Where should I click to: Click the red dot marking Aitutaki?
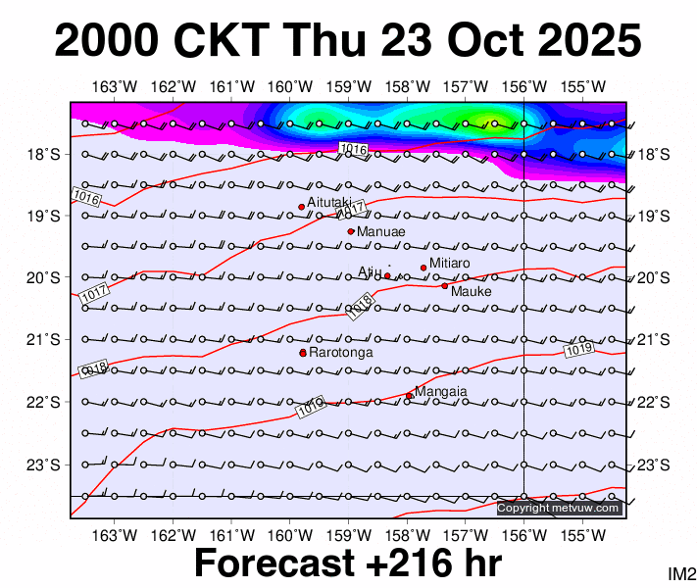click(x=301, y=207)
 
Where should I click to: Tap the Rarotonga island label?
click(x=338, y=352)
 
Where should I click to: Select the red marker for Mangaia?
click(x=409, y=396)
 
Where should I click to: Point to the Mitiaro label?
click(x=449, y=264)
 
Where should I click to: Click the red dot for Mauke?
click(x=444, y=286)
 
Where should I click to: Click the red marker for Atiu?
click(x=387, y=276)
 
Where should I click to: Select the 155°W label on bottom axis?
click(x=587, y=534)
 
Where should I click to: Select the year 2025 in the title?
click(x=586, y=41)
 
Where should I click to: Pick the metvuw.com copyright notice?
click(x=559, y=508)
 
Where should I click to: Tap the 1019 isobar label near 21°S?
click(x=579, y=349)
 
